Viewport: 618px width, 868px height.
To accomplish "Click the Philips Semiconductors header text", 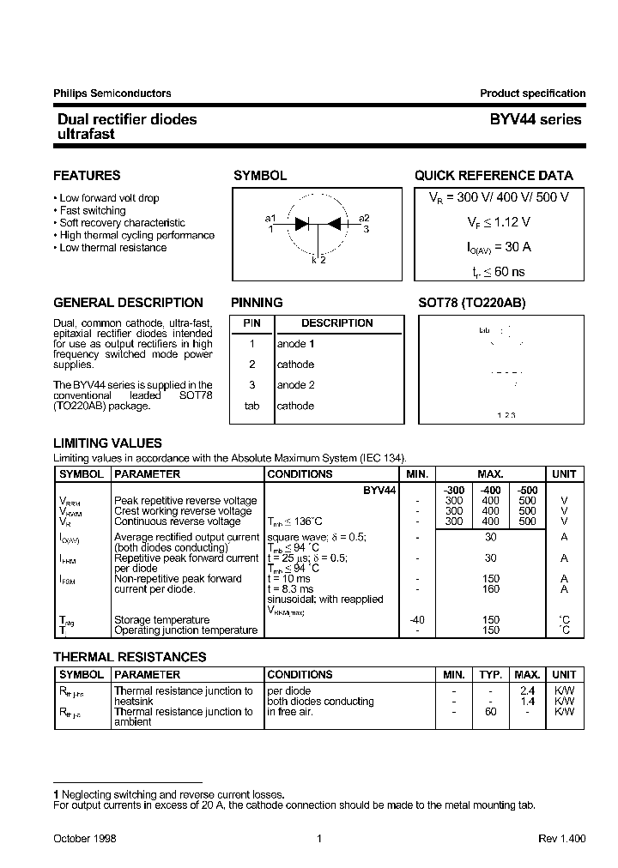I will click(112, 93).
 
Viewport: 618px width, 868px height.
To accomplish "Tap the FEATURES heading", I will click(87, 175).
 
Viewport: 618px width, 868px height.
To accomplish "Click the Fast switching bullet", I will click(93, 210).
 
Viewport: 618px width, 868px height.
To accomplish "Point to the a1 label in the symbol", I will click(270, 218).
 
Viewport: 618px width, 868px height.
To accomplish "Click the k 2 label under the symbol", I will click(318, 260).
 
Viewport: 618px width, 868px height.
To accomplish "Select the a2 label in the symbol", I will click(365, 218).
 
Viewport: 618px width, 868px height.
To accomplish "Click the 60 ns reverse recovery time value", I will click(493, 271).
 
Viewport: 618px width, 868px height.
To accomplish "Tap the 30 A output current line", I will click(493, 246).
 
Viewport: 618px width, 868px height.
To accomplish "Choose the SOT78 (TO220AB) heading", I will click(471, 303).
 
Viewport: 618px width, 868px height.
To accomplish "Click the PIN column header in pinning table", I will click(251, 323).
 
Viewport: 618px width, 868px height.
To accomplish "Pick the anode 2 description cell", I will click(295, 385).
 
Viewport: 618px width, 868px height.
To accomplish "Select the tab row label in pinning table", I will click(251, 406).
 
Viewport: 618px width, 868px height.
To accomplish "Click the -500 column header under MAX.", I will click(527, 490).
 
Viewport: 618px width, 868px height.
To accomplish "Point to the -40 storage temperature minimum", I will click(416, 619).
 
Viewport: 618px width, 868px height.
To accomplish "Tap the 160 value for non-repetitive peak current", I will click(490, 589).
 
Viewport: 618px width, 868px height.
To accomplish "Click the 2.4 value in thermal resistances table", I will click(528, 690).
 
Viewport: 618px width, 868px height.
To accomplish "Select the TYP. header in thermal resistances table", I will click(490, 674).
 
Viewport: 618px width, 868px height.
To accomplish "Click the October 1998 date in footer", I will click(85, 838).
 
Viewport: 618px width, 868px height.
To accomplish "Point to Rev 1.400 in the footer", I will click(561, 838).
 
